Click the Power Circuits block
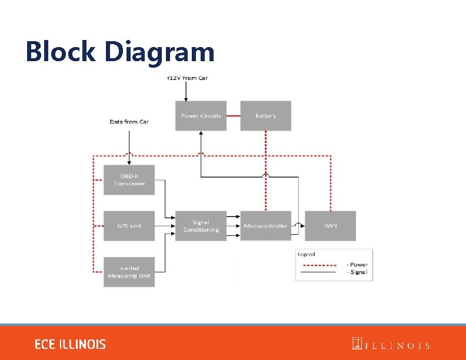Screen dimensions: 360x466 tap(201, 116)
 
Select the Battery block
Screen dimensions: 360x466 tap(265, 116)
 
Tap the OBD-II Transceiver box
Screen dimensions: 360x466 tap(129, 179)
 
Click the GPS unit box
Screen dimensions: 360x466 tap(129, 226)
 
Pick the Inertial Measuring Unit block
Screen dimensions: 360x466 tap(129, 272)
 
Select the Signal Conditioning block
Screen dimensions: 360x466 tap(201, 226)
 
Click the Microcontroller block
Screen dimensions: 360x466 tap(265, 226)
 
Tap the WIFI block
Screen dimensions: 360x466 tap(330, 226)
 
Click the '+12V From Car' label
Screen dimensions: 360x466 tap(187, 78)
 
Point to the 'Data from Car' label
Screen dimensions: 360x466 tap(129, 122)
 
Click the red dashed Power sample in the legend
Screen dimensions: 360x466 tap(318, 264)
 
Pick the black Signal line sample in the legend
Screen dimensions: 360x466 tap(318, 272)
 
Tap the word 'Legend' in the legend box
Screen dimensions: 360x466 tap(307, 255)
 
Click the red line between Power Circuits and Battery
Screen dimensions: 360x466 tap(233, 116)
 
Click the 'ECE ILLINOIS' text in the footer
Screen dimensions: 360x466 tap(70, 344)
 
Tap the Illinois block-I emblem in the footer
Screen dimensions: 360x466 tap(357, 344)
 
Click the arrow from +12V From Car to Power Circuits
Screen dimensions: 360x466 tap(186, 91)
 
